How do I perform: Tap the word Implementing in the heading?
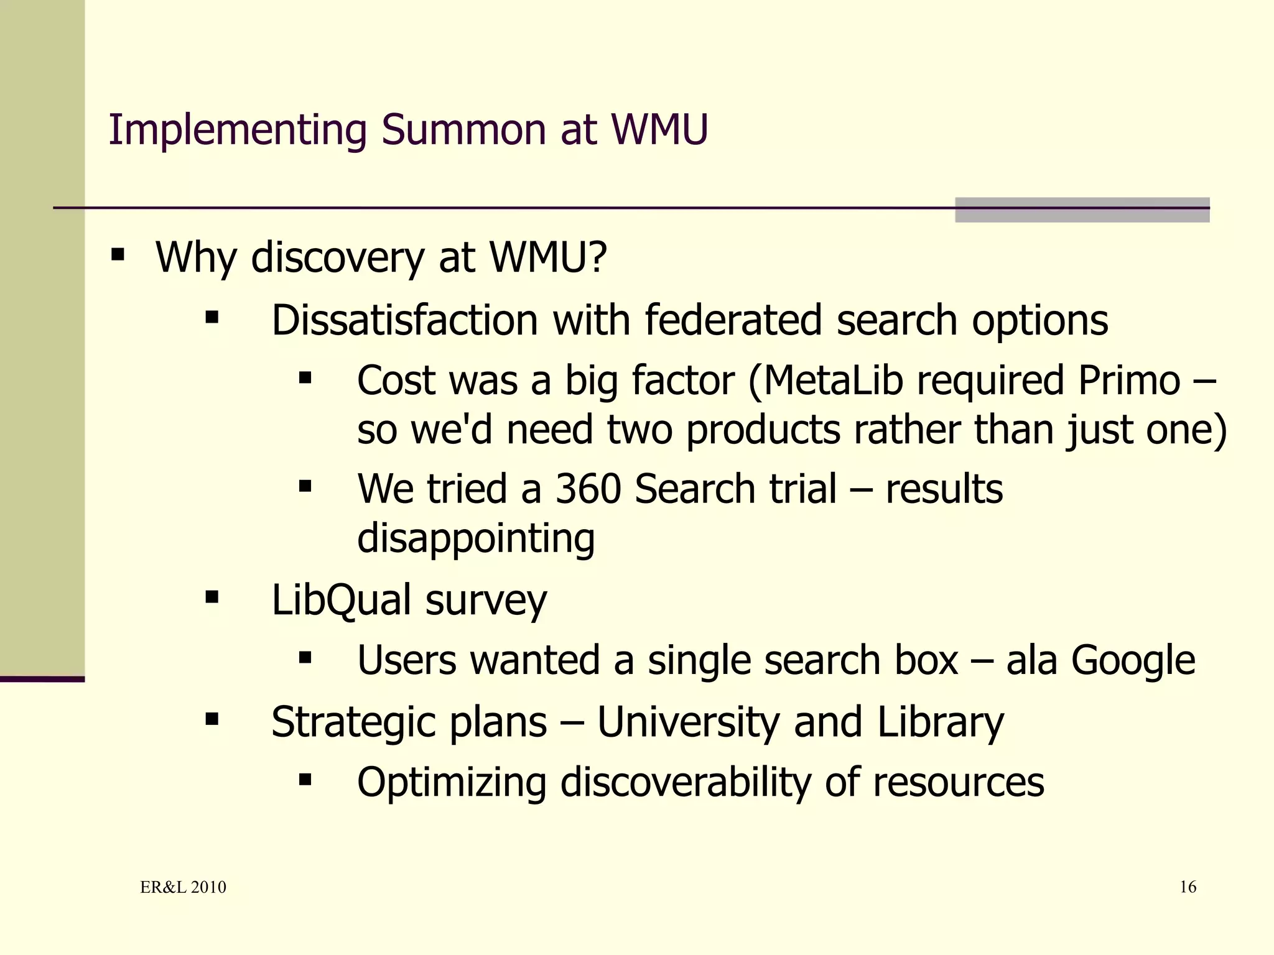pyautogui.click(x=238, y=131)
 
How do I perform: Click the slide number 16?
pyautogui.click(x=1188, y=887)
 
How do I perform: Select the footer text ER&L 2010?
pyautogui.click(x=183, y=887)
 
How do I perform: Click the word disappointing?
pyautogui.click(x=476, y=538)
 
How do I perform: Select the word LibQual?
pyautogui.click(x=342, y=600)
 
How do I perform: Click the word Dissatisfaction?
pyautogui.click(x=404, y=321)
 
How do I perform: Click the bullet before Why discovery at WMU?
pyautogui.click(x=118, y=255)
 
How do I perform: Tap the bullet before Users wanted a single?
pyautogui.click(x=305, y=658)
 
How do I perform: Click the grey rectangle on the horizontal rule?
pyautogui.click(x=1082, y=210)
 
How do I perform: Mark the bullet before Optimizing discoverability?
pyautogui.click(x=305, y=780)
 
